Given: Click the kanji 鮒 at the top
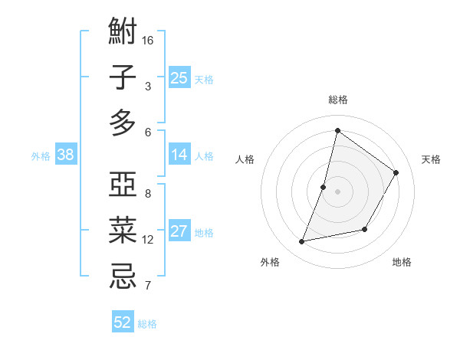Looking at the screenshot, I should (x=123, y=33).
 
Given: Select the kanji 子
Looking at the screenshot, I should (x=123, y=77).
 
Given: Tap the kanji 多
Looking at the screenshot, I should (x=123, y=123).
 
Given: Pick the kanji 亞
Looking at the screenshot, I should (x=123, y=186).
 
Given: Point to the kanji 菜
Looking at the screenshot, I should (x=123, y=231).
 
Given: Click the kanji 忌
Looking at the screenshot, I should (x=123, y=276).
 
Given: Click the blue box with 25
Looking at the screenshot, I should (x=179, y=77).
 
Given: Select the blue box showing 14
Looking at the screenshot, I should (x=179, y=155).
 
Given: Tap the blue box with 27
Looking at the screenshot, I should (x=179, y=231).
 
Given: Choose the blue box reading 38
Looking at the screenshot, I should (x=65, y=155).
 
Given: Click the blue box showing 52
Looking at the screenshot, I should (x=123, y=322).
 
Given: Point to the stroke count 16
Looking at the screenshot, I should (x=149, y=39).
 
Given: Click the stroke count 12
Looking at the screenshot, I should (x=148, y=240).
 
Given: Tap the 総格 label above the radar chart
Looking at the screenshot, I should (x=337, y=100).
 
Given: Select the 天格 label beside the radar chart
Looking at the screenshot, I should (x=431, y=159).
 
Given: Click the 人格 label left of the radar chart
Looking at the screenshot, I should (x=245, y=159).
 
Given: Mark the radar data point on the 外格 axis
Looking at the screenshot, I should (x=302, y=242).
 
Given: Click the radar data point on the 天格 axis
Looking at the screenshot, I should (x=396, y=172).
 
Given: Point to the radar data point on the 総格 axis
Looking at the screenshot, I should (x=337, y=130).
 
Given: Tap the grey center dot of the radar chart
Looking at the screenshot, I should (x=337, y=191).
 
